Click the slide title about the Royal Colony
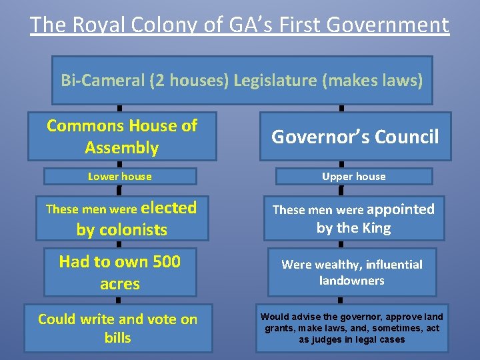(x=239, y=25)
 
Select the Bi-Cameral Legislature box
(x=242, y=81)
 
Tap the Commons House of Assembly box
(x=122, y=137)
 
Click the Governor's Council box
(x=355, y=137)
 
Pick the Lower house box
(x=120, y=177)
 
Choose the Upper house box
(x=353, y=177)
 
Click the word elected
(x=169, y=208)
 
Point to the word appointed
(x=401, y=209)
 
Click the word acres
(x=120, y=284)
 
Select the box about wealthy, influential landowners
(x=352, y=272)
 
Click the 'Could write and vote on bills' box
(x=118, y=328)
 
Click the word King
(x=375, y=228)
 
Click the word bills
(x=118, y=338)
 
